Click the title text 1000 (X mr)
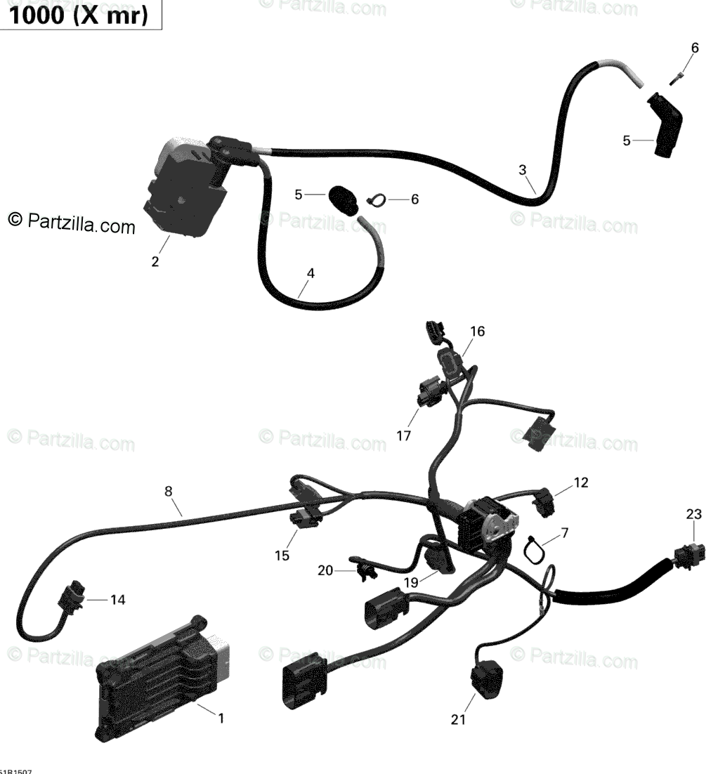(79, 15)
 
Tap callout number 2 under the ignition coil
(155, 262)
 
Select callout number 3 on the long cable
(522, 169)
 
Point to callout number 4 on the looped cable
(310, 273)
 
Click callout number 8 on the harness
(169, 492)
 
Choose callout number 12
(580, 483)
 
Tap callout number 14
(117, 600)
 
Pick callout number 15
(282, 556)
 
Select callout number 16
(477, 332)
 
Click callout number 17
(403, 436)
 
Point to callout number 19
(411, 582)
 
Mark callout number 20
(325, 570)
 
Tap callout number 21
(458, 719)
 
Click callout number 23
(693, 514)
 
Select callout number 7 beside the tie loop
(565, 533)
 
